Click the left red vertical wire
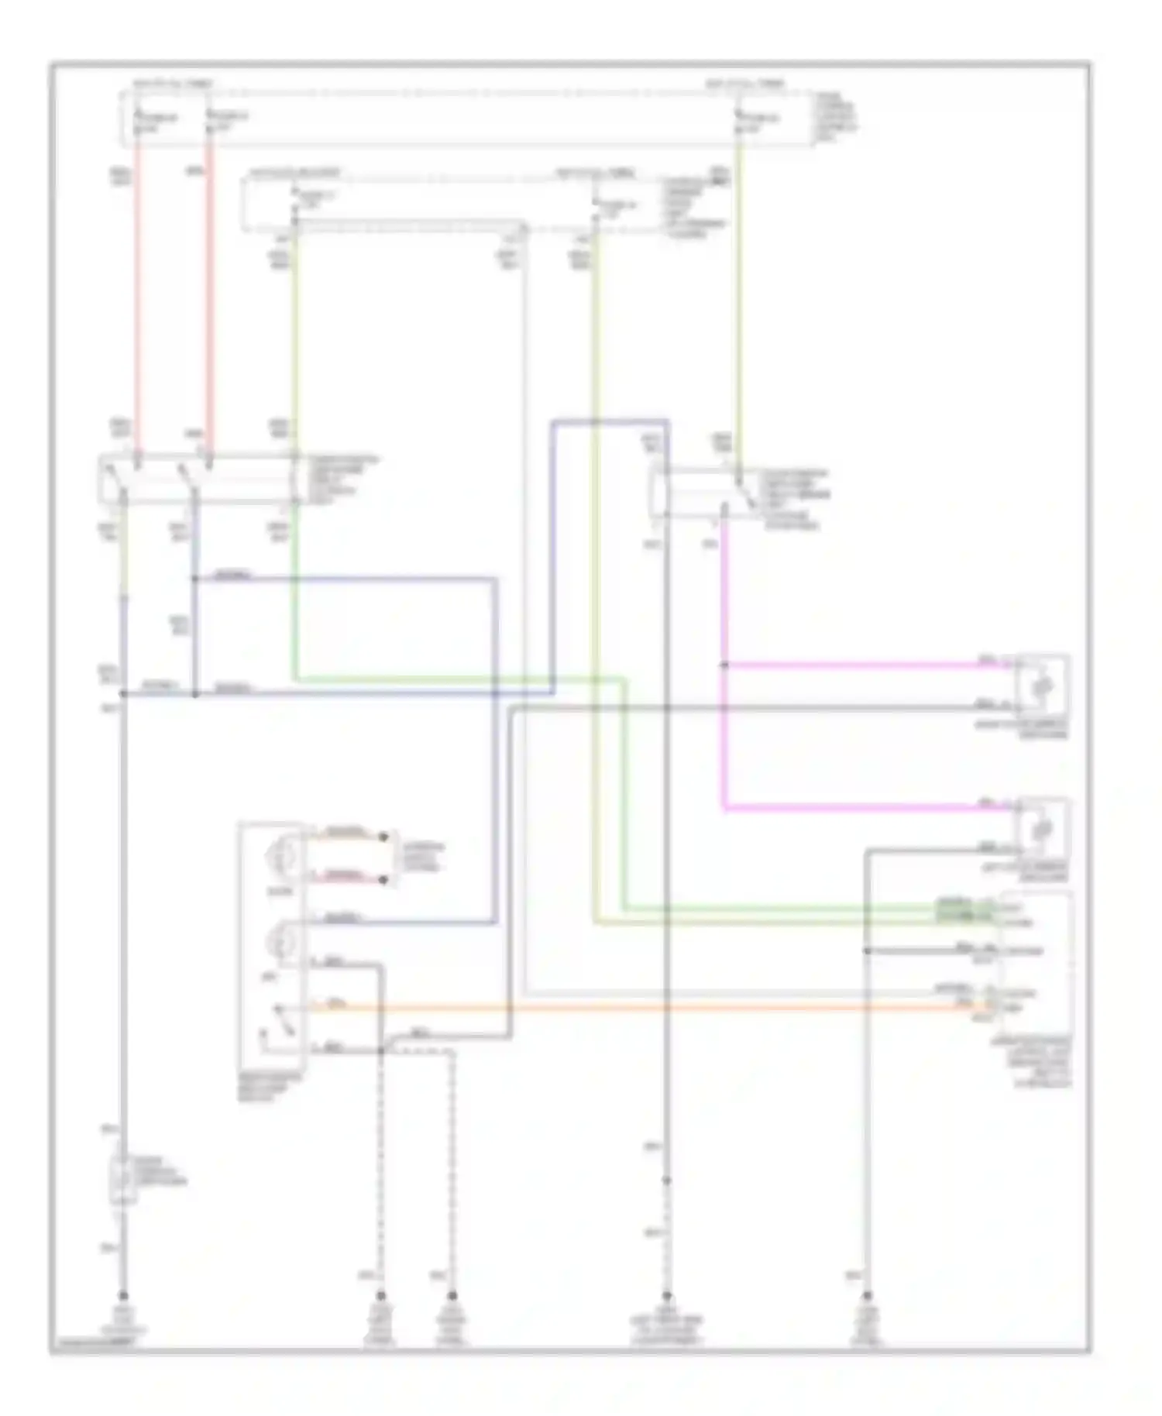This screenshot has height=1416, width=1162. pyautogui.click(x=139, y=294)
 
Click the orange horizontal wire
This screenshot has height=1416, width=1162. pyautogui.click(x=620, y=1008)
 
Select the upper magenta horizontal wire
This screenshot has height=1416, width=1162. pyautogui.click(x=852, y=665)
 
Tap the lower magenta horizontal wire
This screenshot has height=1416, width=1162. pyautogui.click(x=852, y=809)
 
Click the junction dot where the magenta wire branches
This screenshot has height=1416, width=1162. pyautogui.click(x=724, y=665)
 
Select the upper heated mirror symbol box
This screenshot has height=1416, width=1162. pyautogui.click(x=1043, y=686)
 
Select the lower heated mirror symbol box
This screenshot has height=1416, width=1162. pyautogui.click(x=1043, y=829)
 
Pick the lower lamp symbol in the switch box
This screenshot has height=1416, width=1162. pyautogui.click(x=277, y=941)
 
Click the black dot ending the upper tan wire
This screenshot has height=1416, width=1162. pyautogui.click(x=383, y=837)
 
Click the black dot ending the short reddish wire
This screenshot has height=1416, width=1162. pyautogui.click(x=383, y=879)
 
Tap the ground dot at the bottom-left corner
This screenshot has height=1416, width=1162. pyautogui.click(x=122, y=1296)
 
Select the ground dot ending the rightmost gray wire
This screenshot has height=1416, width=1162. pyautogui.click(x=868, y=1296)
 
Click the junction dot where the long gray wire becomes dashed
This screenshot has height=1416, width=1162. pyautogui.click(x=666, y=1181)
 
